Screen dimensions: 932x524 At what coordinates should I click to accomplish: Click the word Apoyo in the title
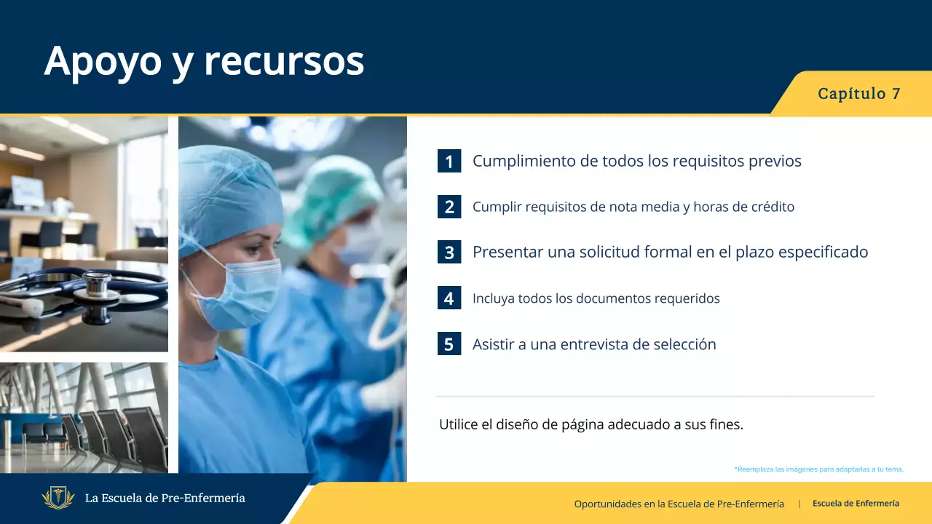pyautogui.click(x=103, y=63)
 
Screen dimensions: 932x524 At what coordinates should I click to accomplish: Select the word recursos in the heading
pyautogui.click(x=284, y=63)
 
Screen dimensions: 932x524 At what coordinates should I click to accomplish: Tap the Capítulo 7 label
pyautogui.click(x=858, y=94)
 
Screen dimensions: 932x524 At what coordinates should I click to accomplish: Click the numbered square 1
pyautogui.click(x=449, y=161)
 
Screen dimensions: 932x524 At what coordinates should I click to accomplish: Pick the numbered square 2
pyautogui.click(x=449, y=207)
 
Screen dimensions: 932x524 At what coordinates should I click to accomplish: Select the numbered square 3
pyautogui.click(x=449, y=252)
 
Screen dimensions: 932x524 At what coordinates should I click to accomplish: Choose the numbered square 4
pyautogui.click(x=449, y=298)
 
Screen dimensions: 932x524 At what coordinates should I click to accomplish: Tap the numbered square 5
pyautogui.click(x=449, y=344)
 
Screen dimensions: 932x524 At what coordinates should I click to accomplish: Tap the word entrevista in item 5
pyautogui.click(x=593, y=344)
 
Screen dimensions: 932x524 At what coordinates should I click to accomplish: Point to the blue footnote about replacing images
pyautogui.click(x=819, y=469)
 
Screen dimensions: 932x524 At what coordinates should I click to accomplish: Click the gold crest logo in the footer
pyautogui.click(x=58, y=498)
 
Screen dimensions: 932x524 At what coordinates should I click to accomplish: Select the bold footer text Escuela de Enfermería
pyautogui.click(x=856, y=504)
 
